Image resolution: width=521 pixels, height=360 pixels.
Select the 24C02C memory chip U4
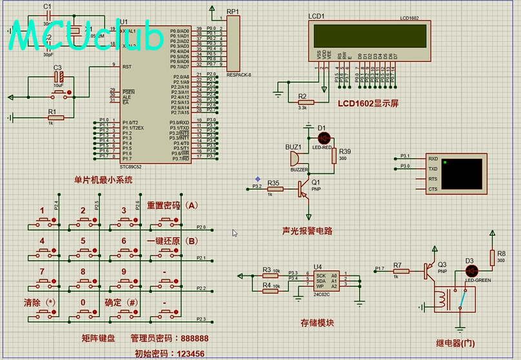(326, 281)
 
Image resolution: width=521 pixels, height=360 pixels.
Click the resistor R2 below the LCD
(305, 102)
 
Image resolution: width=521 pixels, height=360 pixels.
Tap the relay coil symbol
(442, 298)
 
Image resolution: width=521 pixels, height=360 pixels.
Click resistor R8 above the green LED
(493, 257)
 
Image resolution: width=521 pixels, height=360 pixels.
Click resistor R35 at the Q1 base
(273, 188)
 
